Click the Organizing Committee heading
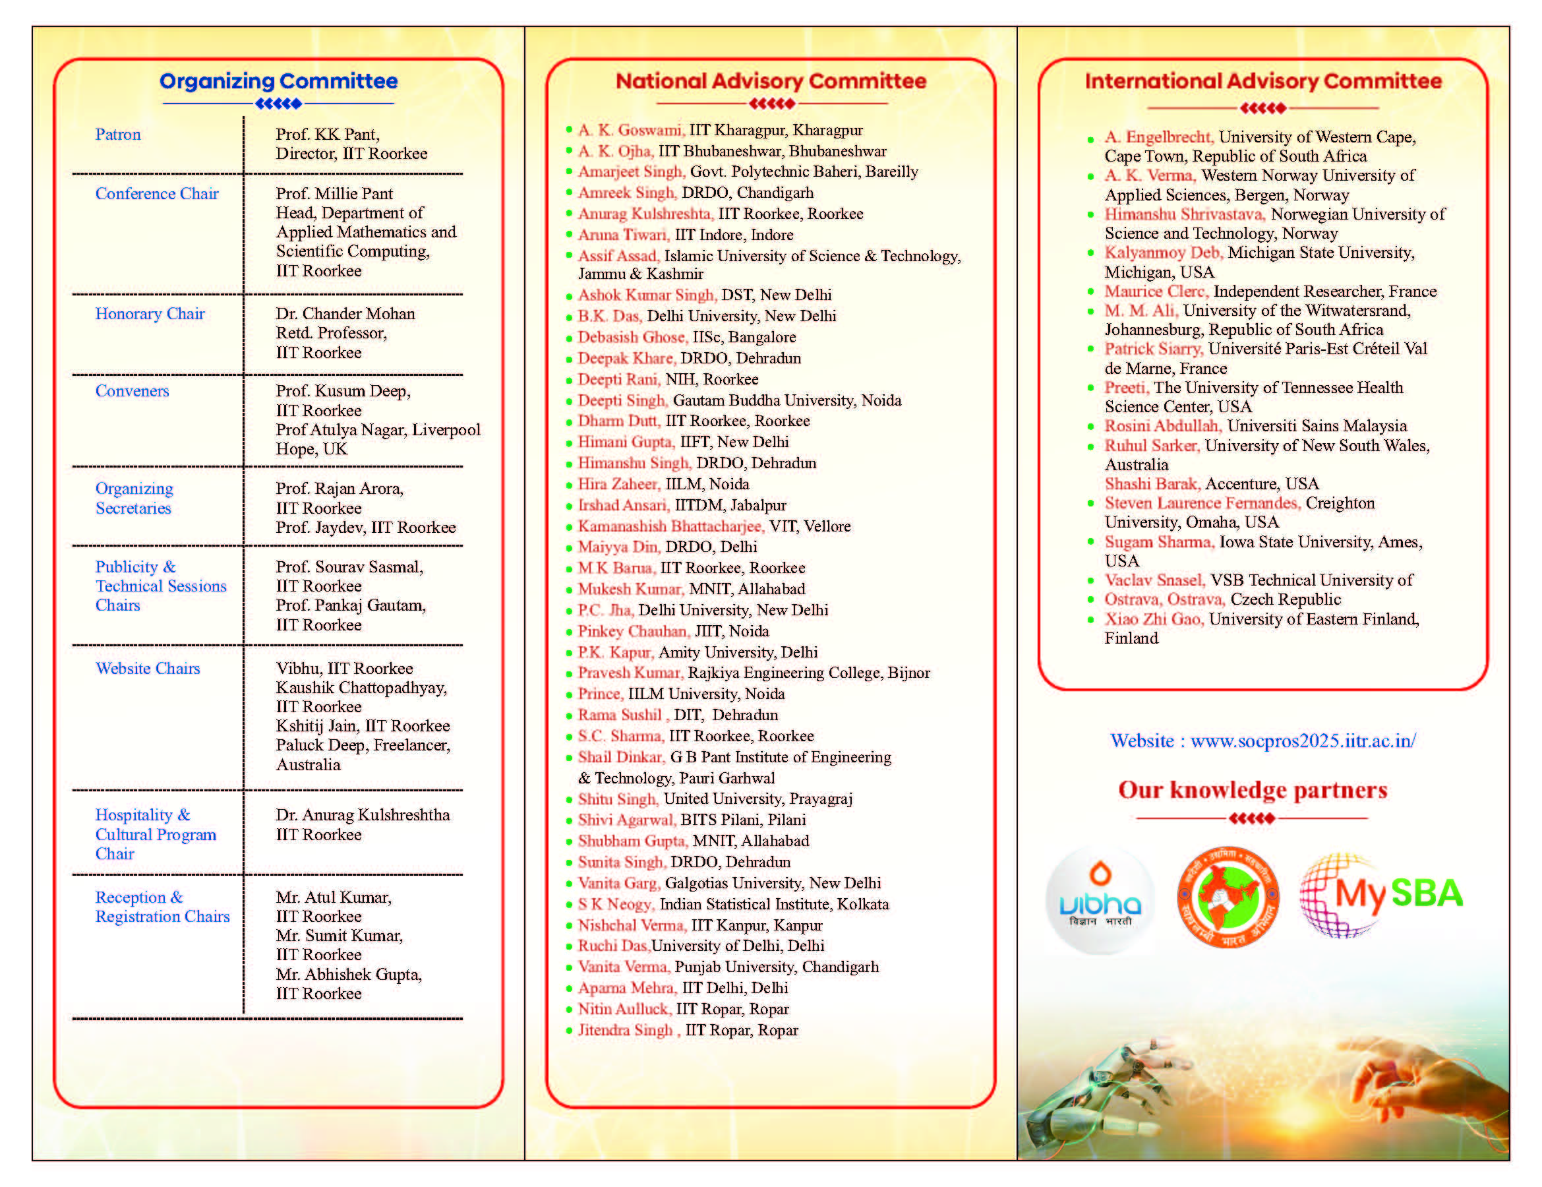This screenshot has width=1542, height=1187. [278, 81]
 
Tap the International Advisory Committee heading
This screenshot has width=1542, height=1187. [1263, 81]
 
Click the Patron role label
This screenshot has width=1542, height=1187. [118, 134]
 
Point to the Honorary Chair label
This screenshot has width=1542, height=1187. [150, 313]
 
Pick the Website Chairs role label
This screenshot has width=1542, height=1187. [148, 668]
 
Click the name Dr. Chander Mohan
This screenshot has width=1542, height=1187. [345, 313]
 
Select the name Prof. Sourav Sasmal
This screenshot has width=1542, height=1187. [349, 566]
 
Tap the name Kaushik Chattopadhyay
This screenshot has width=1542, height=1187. [361, 687]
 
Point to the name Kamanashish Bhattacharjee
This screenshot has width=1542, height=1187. [670, 526]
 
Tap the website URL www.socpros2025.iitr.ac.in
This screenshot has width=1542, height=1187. [1303, 740]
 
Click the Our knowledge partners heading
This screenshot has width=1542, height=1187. [1253, 789]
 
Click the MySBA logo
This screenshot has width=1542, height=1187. [1381, 896]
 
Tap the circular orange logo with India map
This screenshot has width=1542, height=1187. [1228, 897]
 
